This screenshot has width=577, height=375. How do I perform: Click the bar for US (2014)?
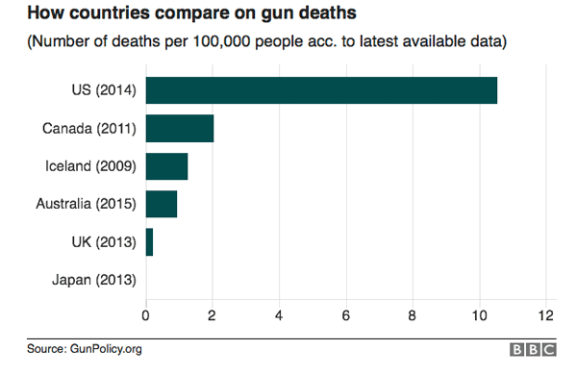pos(321,90)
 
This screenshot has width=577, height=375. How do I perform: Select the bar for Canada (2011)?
pos(180,128)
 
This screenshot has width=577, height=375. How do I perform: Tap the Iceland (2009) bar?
pos(166,166)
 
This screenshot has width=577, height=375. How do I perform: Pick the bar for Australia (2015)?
pos(162,204)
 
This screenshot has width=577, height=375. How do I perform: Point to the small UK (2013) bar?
pos(149,242)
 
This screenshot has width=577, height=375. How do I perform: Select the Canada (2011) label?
pos(90,128)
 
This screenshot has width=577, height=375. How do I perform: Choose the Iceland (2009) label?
pos(91,166)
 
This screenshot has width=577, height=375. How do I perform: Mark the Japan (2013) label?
pos(94,280)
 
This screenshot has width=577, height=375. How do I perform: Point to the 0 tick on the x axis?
pos(145,313)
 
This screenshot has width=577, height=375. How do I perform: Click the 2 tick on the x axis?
pos(212,313)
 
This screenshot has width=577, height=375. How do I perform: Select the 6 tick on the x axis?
pos(345,313)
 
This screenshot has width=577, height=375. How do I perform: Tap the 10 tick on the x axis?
pos(478,313)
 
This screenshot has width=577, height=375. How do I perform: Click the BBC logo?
pos(532,350)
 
